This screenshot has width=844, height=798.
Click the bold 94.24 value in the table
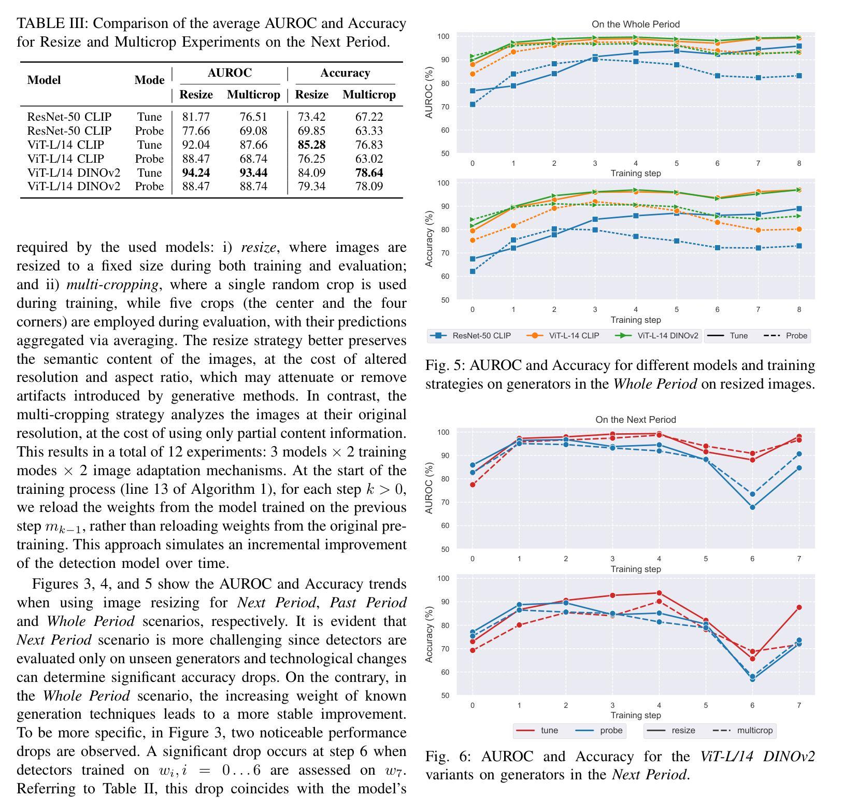click(x=196, y=173)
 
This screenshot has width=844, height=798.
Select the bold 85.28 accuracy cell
click(x=311, y=145)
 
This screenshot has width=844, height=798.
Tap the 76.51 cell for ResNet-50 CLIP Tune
click(x=253, y=117)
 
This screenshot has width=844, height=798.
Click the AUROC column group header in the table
click(x=230, y=73)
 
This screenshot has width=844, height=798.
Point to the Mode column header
click(x=149, y=80)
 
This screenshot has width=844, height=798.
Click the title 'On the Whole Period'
click(x=636, y=24)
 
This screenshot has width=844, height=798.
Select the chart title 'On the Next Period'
click(x=636, y=420)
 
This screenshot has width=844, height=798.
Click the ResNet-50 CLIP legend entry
click(x=470, y=336)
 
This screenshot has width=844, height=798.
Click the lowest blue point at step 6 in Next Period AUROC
click(x=752, y=507)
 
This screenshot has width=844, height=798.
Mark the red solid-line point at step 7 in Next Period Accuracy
click(x=799, y=607)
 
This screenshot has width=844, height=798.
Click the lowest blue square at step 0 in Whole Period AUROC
click(x=473, y=105)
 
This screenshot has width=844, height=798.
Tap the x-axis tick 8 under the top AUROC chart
click(x=799, y=163)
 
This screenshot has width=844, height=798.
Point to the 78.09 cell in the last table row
click(x=369, y=187)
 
